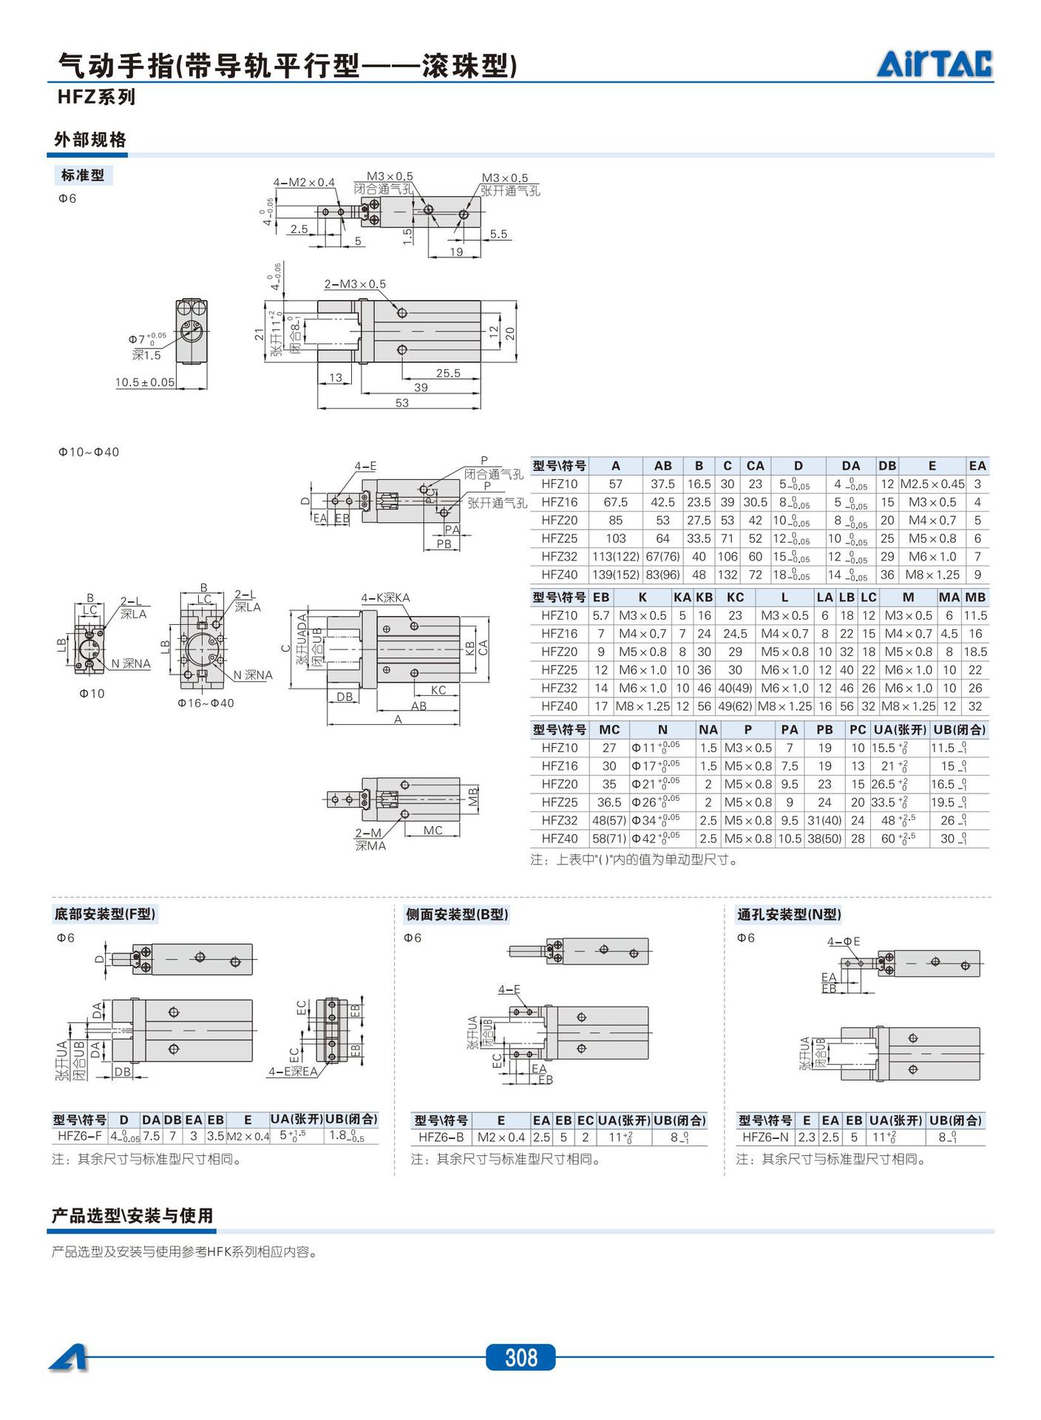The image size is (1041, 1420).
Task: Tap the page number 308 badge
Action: click(x=520, y=1357)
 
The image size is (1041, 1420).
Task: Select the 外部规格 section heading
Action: click(x=90, y=140)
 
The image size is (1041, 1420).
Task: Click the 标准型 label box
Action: click(x=83, y=175)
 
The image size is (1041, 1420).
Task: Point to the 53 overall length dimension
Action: click(x=401, y=403)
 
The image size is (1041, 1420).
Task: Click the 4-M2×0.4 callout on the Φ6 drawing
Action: click(x=304, y=182)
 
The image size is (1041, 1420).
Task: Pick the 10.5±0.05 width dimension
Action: click(x=145, y=382)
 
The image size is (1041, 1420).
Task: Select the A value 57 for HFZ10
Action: click(x=615, y=484)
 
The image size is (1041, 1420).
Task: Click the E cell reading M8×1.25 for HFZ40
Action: click(x=932, y=575)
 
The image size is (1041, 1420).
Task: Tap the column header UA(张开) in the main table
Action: click(x=898, y=729)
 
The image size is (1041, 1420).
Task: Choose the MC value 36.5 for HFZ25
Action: click(x=608, y=802)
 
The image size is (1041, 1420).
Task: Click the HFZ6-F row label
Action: click(x=80, y=1136)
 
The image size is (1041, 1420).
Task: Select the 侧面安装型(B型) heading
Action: click(x=457, y=914)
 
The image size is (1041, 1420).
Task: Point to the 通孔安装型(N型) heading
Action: click(x=789, y=914)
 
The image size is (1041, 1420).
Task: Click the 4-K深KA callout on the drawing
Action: click(x=385, y=598)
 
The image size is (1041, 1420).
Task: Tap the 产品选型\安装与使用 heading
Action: click(x=132, y=1216)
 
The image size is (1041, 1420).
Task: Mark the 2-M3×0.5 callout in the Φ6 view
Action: click(x=355, y=284)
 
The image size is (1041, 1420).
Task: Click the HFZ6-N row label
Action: click(x=765, y=1137)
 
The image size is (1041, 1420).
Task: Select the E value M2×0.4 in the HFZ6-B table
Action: click(x=501, y=1137)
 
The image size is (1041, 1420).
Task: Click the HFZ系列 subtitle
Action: click(x=97, y=97)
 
